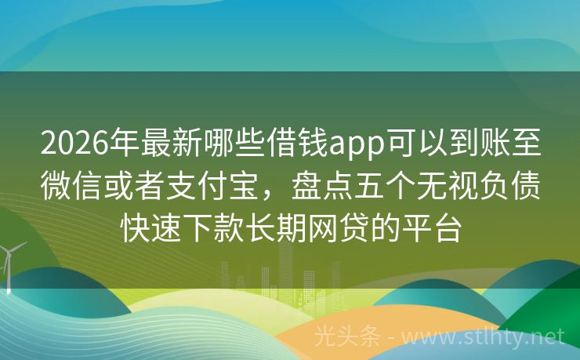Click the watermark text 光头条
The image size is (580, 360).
tap(346, 336)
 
